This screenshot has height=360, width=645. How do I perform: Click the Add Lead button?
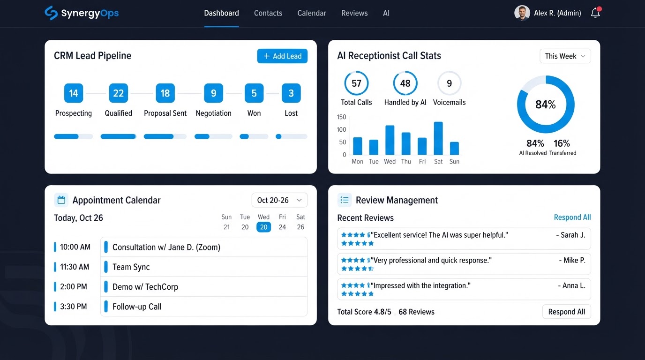point(282,56)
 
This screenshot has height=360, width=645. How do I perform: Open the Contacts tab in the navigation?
point(268,13)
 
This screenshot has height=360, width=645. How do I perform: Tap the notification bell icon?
point(595,13)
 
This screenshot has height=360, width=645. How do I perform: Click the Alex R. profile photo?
point(522,13)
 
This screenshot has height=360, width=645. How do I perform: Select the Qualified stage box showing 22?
point(118,93)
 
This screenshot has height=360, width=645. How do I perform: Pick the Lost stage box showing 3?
point(291,93)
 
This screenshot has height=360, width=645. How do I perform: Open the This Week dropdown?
point(565,56)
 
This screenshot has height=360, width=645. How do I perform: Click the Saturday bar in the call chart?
point(438,139)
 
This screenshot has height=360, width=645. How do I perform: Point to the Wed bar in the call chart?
point(390,140)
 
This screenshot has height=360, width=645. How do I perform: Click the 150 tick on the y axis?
point(342,117)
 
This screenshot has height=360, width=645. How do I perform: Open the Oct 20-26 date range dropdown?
point(279,200)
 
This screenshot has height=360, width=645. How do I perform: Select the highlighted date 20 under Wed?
point(263,227)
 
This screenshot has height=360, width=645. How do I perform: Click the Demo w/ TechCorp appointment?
point(145,287)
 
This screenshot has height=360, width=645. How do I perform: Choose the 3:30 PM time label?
point(74,307)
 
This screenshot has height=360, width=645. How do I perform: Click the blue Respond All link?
point(572,217)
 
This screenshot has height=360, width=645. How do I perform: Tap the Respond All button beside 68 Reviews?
point(567,312)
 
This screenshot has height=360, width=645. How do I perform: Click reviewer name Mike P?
point(572,260)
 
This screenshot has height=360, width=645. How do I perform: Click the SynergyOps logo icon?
point(51,13)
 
